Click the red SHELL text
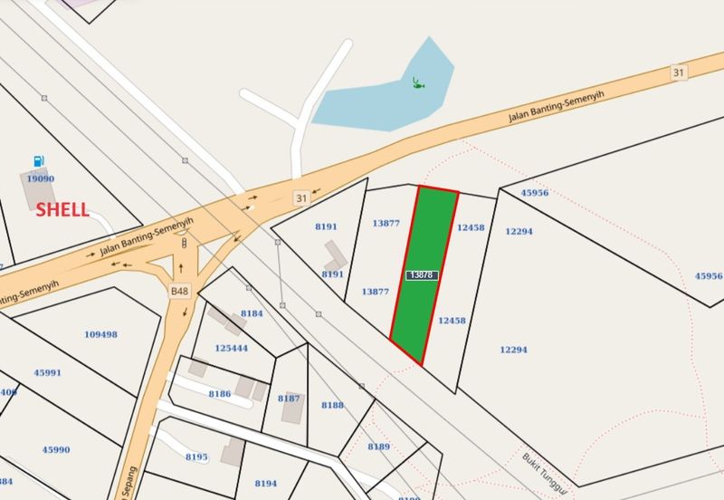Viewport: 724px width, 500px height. (x=62, y=210)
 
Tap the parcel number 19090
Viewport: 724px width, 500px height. (x=40, y=179)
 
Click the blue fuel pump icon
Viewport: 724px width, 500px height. (x=37, y=160)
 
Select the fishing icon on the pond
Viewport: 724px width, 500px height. (x=417, y=83)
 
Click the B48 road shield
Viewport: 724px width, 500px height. (x=179, y=291)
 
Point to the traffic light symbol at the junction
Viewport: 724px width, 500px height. (x=185, y=242)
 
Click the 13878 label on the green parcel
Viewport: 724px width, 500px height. (x=423, y=274)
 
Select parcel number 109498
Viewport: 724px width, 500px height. (x=100, y=334)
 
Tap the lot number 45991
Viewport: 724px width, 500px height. (x=47, y=372)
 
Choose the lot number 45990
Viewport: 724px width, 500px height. (x=55, y=449)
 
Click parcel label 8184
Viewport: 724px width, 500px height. (x=252, y=313)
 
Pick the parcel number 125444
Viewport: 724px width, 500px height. (x=231, y=348)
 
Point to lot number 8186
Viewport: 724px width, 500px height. (x=219, y=394)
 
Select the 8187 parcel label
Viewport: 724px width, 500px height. (x=289, y=399)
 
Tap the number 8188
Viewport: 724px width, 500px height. (x=332, y=405)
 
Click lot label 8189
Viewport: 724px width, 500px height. (x=378, y=447)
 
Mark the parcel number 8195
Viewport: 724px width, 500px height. (x=196, y=457)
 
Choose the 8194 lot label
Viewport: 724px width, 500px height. (x=266, y=484)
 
